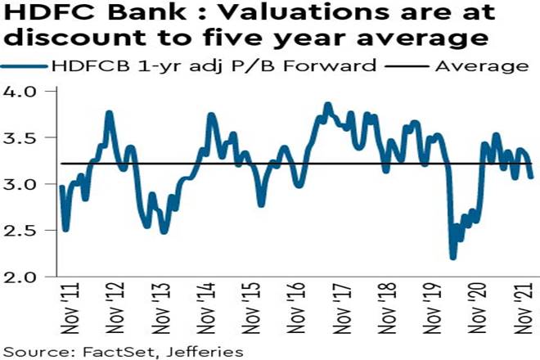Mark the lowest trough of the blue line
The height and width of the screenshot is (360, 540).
tap(453, 257)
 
